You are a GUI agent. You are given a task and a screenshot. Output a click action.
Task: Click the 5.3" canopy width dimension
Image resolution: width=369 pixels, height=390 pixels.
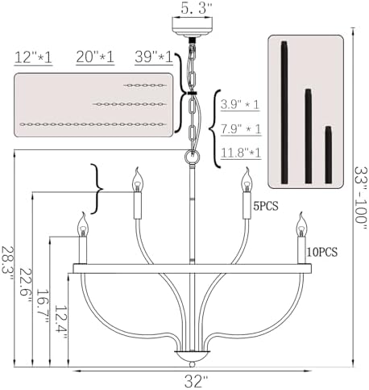196,8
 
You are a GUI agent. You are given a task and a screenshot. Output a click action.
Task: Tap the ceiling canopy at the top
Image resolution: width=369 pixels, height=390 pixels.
192,27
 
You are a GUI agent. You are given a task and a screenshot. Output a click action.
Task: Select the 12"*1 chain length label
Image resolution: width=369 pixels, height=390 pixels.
33,57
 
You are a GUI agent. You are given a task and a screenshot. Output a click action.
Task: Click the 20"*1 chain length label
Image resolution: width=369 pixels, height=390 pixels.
95,57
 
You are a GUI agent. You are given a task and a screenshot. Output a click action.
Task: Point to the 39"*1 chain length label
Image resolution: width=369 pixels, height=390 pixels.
154,57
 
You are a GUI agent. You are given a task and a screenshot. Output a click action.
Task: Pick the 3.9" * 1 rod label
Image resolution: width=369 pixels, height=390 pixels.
240,104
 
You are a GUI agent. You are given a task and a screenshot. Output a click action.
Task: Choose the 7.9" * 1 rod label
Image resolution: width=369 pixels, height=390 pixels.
241,128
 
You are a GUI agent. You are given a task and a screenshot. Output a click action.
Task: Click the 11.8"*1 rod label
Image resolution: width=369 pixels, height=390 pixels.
241,153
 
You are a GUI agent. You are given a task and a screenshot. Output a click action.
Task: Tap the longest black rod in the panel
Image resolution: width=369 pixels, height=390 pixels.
284,112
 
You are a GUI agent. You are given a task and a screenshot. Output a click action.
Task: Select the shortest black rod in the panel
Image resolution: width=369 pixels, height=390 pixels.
328,155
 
